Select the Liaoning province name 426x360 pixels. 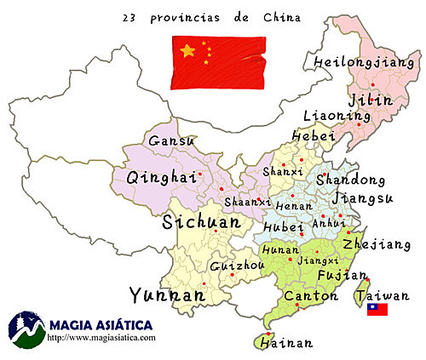[325, 116]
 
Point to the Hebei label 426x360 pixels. [308, 136]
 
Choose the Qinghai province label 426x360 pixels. [156, 178]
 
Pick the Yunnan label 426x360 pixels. [166, 294]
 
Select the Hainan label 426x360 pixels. [284, 344]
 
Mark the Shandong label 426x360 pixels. [350, 180]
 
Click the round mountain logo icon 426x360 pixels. [26, 329]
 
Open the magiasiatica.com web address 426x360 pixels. [102, 338]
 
